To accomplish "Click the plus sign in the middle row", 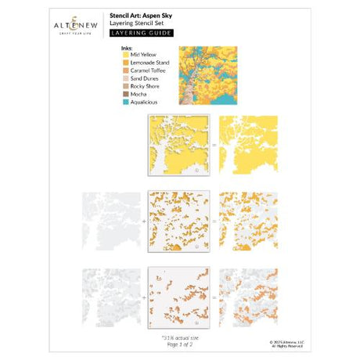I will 142,221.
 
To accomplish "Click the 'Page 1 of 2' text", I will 179,340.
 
